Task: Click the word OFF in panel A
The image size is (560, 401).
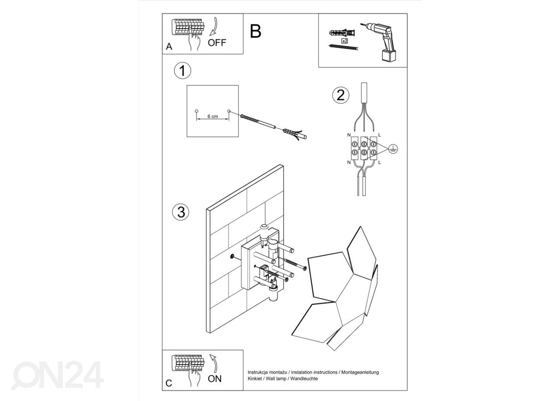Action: (217, 42)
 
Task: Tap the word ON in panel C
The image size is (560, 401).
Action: (215, 379)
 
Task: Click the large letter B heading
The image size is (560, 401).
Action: (255, 31)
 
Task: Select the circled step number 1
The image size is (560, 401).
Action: (182, 71)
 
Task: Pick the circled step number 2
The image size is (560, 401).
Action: (341, 95)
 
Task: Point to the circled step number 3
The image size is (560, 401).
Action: (181, 212)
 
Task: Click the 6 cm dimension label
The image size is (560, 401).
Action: (213, 116)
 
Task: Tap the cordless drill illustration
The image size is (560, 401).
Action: (380, 42)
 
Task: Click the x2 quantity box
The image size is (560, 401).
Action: (345, 40)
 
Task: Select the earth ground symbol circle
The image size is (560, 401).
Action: (393, 149)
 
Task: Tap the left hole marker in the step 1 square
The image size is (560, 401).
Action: (196, 111)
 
